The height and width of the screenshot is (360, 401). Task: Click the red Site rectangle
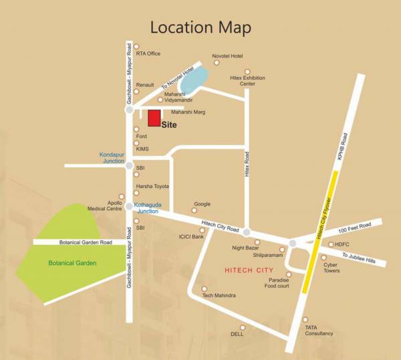point(154,118)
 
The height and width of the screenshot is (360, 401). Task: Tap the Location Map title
point(200,27)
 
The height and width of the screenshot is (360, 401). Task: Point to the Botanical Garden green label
point(72,263)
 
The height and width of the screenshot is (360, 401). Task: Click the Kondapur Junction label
point(112,158)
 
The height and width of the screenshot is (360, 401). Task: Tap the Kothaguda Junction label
point(147,207)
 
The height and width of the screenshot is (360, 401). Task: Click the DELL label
point(237,334)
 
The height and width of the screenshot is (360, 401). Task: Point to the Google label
point(202,204)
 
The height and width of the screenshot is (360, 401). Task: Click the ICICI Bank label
point(190,236)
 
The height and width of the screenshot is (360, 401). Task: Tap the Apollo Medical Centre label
point(105,205)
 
